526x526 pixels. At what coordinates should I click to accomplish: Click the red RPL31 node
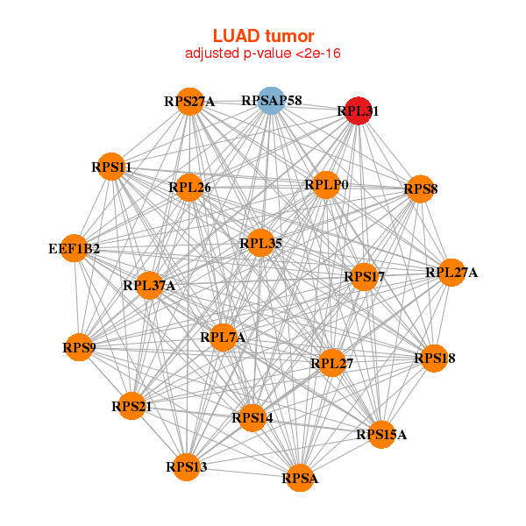click(357, 111)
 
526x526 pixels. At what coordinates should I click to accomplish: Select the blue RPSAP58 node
click(272, 101)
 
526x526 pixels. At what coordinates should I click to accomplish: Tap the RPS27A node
click(189, 102)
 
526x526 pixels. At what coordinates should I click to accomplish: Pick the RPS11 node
click(111, 167)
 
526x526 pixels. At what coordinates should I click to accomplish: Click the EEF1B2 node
click(75, 249)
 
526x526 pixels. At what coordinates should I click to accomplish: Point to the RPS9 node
click(79, 348)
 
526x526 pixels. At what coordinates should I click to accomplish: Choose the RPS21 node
click(131, 406)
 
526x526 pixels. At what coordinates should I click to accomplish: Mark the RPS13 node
click(187, 466)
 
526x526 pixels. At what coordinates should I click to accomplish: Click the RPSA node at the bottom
click(300, 478)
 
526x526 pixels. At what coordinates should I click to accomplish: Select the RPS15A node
click(381, 434)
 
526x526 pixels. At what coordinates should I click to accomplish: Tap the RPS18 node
click(435, 359)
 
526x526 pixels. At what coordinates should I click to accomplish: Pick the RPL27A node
click(451, 273)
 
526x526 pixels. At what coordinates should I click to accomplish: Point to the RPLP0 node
click(326, 185)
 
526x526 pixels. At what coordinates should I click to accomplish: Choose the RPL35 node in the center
click(260, 243)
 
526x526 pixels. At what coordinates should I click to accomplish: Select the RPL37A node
click(149, 285)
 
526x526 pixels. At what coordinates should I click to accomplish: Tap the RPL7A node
click(223, 338)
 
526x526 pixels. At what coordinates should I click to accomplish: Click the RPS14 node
click(252, 418)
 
